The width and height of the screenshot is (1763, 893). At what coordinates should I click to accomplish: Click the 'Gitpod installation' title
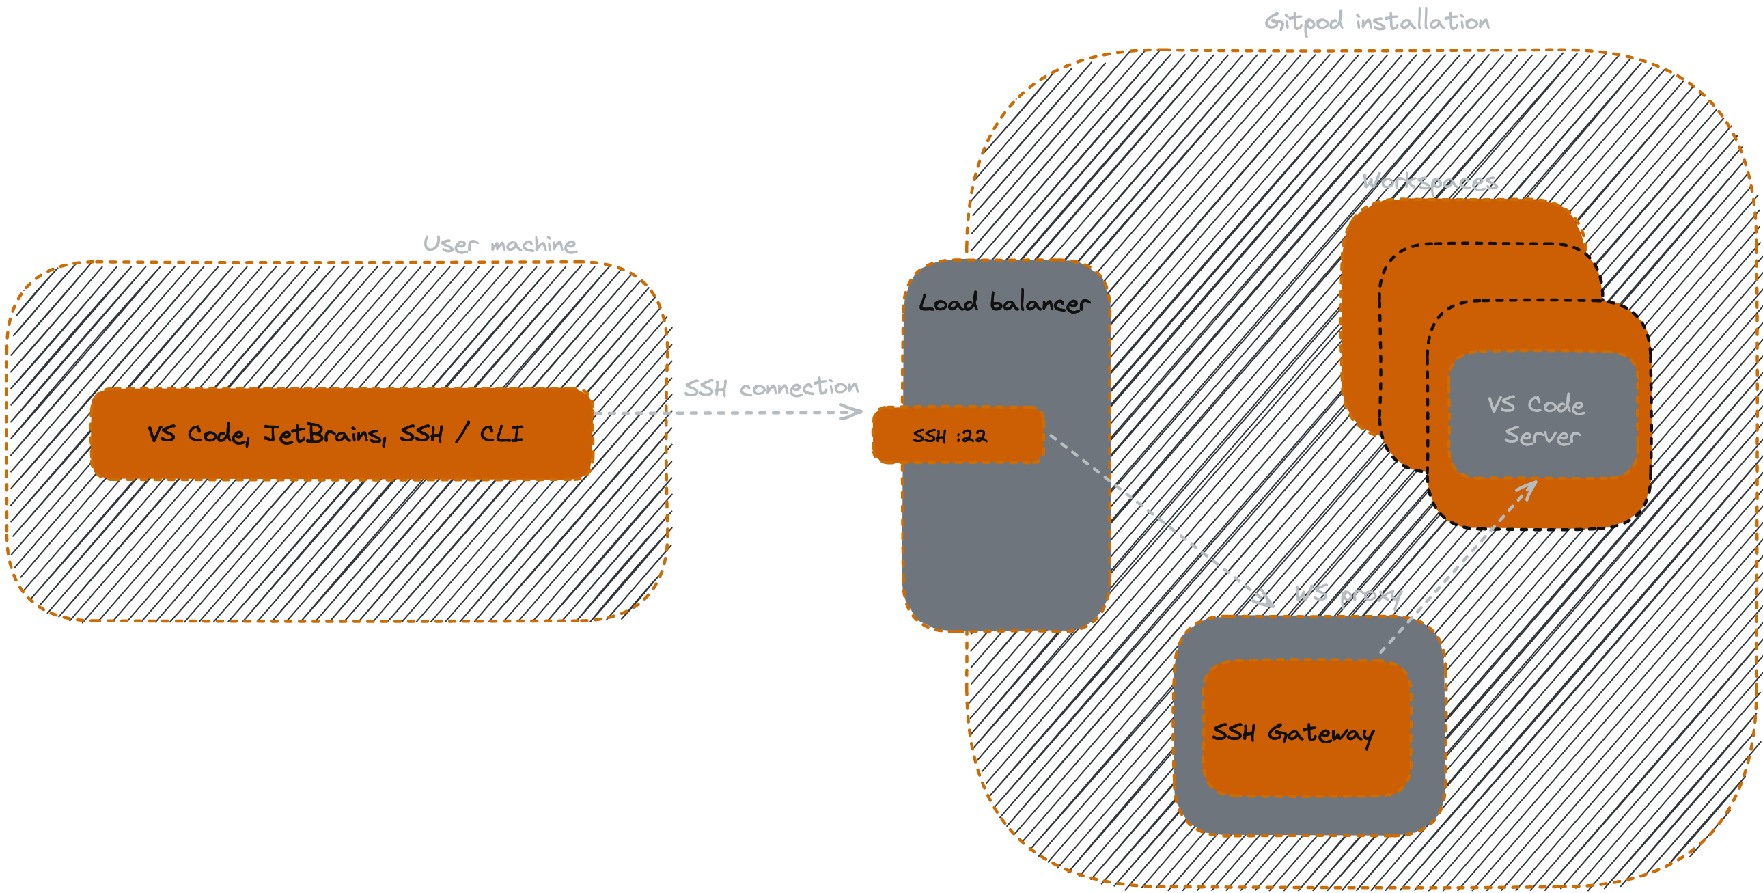click(1376, 22)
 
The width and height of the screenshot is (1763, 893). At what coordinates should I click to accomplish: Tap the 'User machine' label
click(499, 244)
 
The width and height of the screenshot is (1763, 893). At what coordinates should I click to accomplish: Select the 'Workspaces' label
click(1430, 182)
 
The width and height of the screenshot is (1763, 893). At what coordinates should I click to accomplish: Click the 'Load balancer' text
click(1004, 303)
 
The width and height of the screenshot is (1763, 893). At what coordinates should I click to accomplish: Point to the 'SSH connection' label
click(771, 387)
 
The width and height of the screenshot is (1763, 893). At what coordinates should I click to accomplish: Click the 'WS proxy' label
click(1348, 594)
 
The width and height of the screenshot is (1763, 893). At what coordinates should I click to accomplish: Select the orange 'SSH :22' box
click(958, 435)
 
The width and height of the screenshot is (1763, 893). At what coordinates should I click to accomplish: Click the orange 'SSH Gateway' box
click(1307, 728)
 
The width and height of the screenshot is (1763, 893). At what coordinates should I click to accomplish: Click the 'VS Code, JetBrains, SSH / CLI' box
click(342, 434)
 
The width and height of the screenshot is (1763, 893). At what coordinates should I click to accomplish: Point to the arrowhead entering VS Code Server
click(1529, 489)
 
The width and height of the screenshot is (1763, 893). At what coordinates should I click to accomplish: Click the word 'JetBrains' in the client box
click(325, 434)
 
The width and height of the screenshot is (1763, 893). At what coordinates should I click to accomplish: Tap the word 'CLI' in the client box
click(501, 433)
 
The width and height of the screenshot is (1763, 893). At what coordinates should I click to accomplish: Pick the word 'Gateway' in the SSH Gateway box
click(1321, 733)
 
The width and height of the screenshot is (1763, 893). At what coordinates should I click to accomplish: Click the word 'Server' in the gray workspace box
click(1542, 435)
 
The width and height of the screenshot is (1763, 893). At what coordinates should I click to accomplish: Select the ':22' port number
click(973, 435)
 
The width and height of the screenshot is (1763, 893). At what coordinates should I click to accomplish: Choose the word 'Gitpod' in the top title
click(1303, 22)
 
